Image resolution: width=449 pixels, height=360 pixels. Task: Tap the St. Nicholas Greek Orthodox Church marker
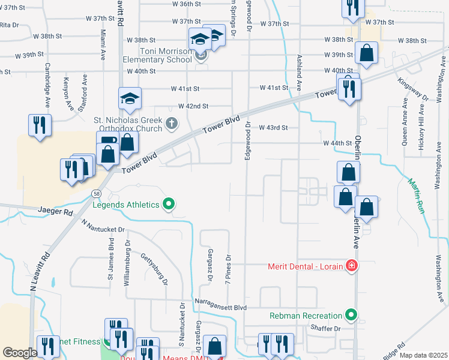click(x=172, y=124)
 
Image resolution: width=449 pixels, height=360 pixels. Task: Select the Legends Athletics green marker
click(x=169, y=205)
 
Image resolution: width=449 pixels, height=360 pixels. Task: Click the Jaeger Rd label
click(x=55, y=212)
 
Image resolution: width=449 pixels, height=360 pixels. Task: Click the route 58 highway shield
click(x=96, y=193)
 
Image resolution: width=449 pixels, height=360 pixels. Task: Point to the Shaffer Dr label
click(x=325, y=328)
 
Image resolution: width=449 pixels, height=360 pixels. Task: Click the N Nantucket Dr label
click(x=103, y=229)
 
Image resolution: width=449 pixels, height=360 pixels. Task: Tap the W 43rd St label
click(x=274, y=128)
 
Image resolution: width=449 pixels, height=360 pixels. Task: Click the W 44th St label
click(x=337, y=143)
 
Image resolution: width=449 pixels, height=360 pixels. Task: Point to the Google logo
click(x=20, y=353)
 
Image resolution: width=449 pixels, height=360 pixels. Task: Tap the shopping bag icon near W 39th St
click(x=366, y=53)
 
